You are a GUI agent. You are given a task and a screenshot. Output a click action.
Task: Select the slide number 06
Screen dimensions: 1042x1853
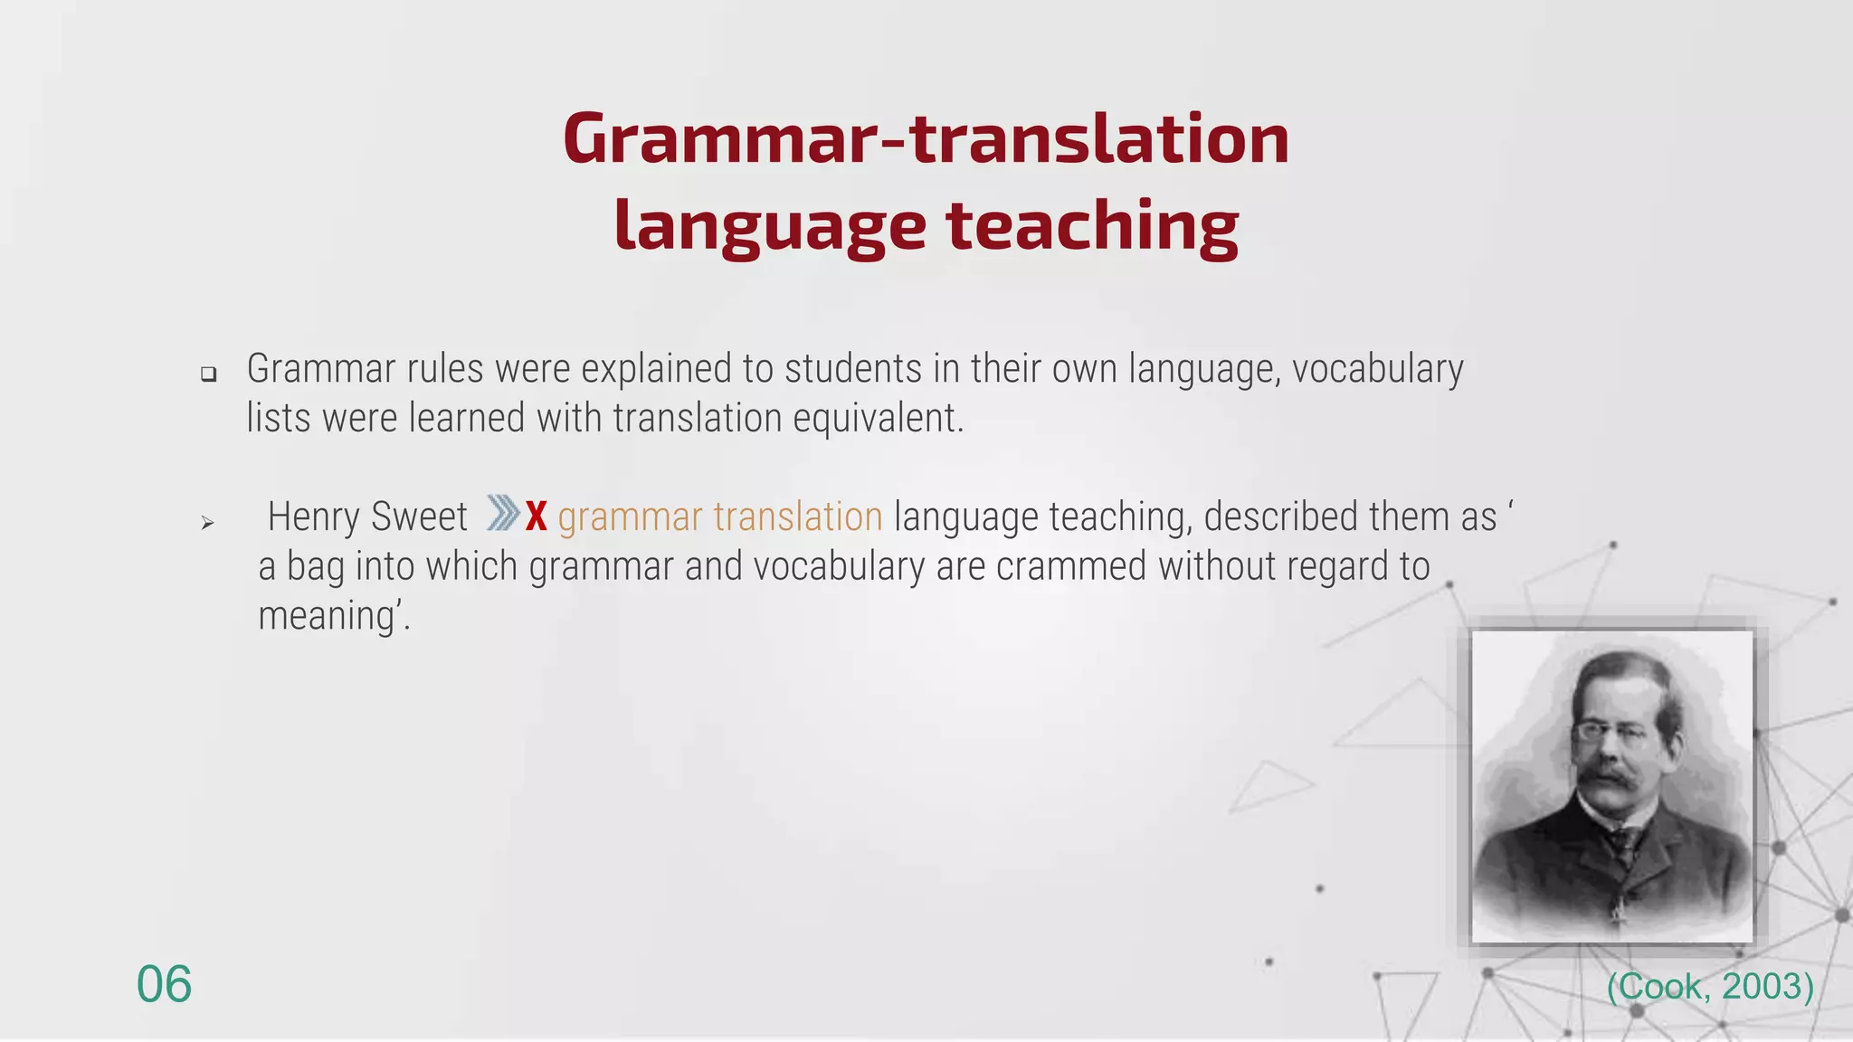click(164, 984)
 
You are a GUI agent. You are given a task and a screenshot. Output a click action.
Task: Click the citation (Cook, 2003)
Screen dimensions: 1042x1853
click(1710, 986)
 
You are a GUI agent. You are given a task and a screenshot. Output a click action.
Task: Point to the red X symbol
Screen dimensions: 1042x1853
click(537, 516)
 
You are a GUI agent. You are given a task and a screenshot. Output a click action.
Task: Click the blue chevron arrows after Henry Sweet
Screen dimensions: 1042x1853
click(503, 513)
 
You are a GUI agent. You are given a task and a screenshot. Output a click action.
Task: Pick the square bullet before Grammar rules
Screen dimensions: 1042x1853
click(209, 374)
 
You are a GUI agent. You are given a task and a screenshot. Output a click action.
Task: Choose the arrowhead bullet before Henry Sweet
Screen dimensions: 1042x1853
click(207, 523)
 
